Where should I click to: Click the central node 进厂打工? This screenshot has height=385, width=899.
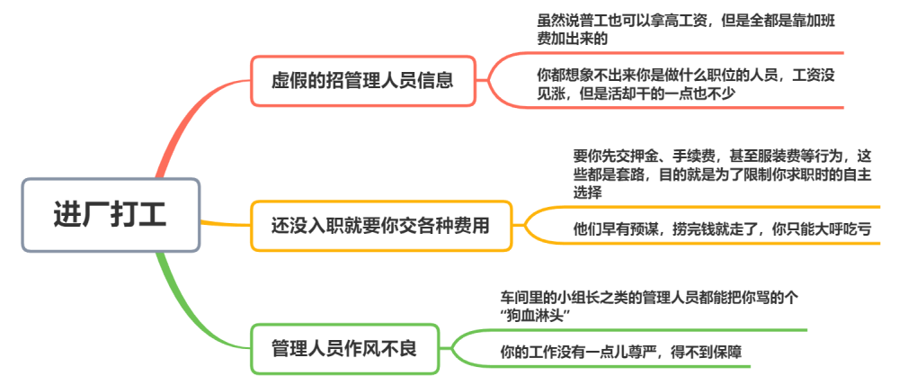pyautogui.click(x=111, y=215)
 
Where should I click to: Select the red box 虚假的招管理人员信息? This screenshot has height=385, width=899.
pyautogui.click(x=363, y=81)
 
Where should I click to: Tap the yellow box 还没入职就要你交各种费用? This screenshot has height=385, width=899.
pyautogui.click(x=381, y=226)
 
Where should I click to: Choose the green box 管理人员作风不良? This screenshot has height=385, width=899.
pyautogui.click(x=344, y=349)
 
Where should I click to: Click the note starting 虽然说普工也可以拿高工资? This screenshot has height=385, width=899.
pyautogui.click(x=686, y=31)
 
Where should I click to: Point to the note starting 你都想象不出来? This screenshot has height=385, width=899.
pyautogui.click(x=686, y=85)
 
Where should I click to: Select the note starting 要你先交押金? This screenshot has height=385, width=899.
pyautogui.click(x=723, y=174)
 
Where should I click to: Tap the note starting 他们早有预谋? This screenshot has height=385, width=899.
pyautogui.click(x=723, y=229)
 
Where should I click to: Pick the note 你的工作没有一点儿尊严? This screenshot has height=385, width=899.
pyautogui.click(x=621, y=352)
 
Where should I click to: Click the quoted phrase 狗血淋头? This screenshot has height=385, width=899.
pyautogui.click(x=536, y=316)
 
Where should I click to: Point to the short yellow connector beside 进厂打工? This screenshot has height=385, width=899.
pyautogui.click(x=226, y=223)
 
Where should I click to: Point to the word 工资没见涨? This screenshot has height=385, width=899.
pyautogui.click(x=814, y=85)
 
